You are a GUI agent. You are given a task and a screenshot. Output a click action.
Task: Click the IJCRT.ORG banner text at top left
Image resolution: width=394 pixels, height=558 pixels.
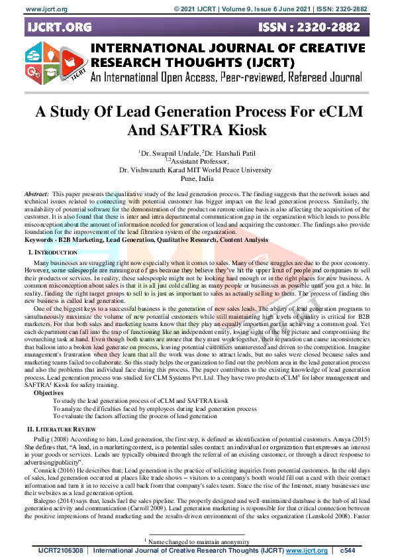[x=58, y=27]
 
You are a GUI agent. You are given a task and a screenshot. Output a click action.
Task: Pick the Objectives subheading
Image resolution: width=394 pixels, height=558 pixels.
[x=49, y=393]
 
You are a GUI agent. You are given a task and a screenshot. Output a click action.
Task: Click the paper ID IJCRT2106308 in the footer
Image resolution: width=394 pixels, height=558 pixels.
[x=60, y=551]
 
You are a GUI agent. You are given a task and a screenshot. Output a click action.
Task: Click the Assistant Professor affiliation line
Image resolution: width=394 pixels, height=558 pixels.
[x=198, y=161]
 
